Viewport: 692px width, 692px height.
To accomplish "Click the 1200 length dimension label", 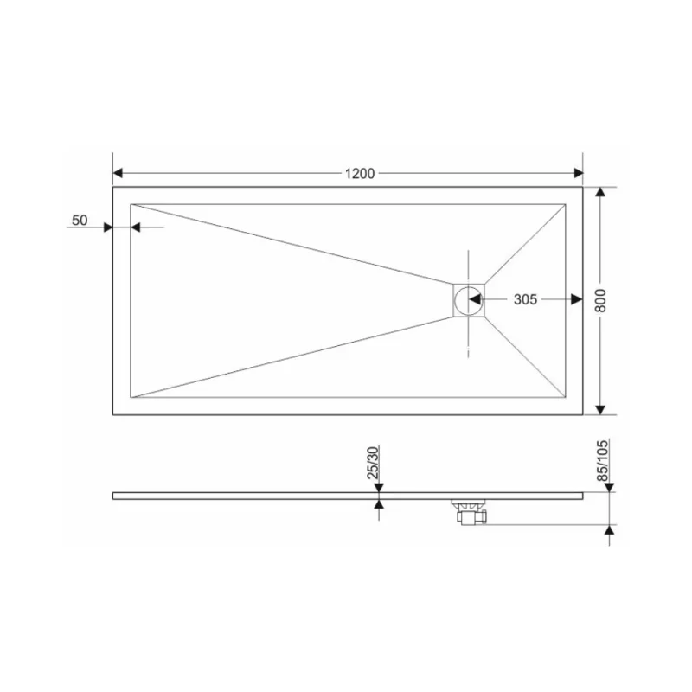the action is pyautogui.click(x=360, y=174).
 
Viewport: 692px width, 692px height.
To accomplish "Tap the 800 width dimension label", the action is pyautogui.click(x=600, y=300).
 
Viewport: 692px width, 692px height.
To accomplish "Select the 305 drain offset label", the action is pyautogui.click(x=525, y=299).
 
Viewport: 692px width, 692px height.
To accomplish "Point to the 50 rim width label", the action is pyautogui.click(x=80, y=220).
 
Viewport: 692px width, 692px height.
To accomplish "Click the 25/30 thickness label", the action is pyautogui.click(x=373, y=463).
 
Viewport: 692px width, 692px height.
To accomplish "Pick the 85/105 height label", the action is pyautogui.click(x=602, y=460).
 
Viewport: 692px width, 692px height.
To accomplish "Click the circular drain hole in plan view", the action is pyautogui.click(x=468, y=300).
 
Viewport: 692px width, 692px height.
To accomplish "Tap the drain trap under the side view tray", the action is pyautogui.click(x=469, y=512).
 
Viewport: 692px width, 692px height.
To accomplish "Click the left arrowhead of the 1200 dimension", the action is pyautogui.click(x=118, y=173).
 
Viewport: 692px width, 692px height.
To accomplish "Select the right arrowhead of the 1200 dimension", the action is pyautogui.click(x=579, y=173).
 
